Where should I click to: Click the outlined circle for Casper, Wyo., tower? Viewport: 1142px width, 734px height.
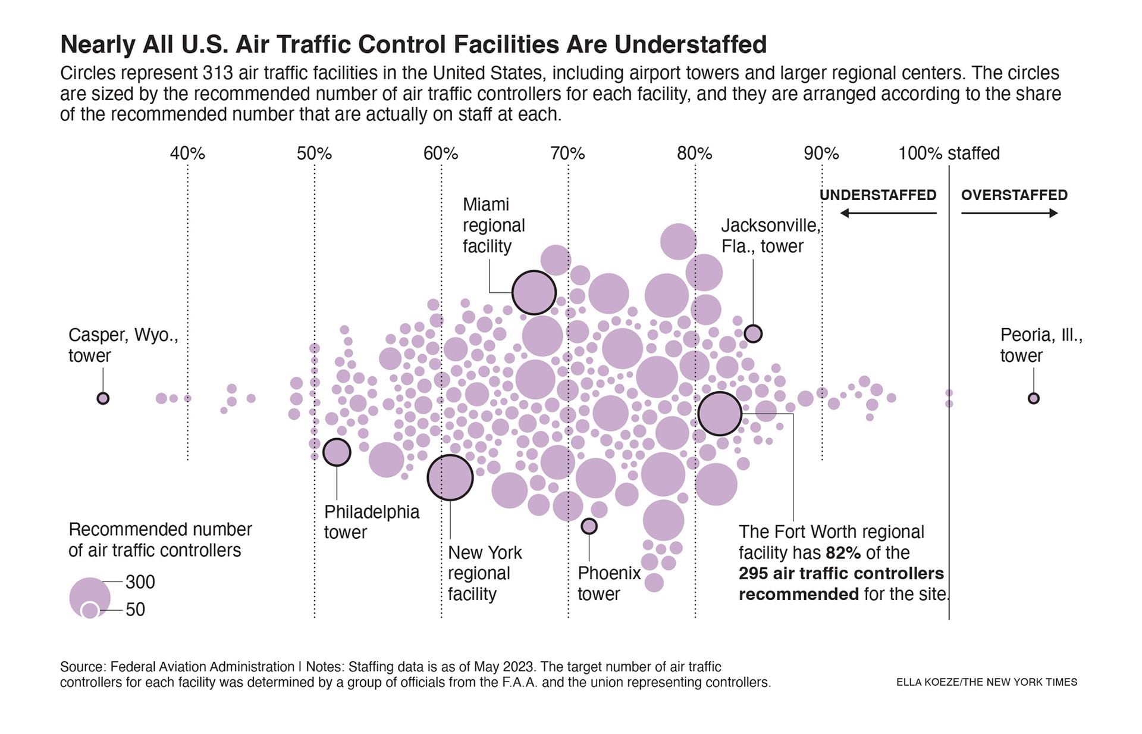click(x=103, y=398)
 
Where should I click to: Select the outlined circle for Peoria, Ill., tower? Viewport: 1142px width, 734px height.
click(x=1034, y=398)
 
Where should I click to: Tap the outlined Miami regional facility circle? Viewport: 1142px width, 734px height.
click(x=534, y=292)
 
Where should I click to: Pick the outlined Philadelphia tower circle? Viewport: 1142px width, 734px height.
click(x=337, y=452)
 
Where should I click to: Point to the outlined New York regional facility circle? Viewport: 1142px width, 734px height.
click(x=450, y=477)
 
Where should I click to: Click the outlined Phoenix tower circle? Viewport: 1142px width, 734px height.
click(x=589, y=526)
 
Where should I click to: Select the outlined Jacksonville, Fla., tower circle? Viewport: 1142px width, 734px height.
click(x=753, y=333)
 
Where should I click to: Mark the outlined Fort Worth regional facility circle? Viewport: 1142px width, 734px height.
click(x=720, y=413)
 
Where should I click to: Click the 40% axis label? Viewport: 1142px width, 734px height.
click(x=187, y=154)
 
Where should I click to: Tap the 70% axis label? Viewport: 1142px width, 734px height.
click(x=567, y=154)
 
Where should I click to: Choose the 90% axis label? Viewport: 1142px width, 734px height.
click(x=821, y=154)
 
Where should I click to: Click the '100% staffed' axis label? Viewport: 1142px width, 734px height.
click(x=949, y=154)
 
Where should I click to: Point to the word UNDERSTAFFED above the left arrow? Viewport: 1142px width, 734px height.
click(x=878, y=195)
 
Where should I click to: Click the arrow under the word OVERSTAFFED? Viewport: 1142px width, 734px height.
click(x=1009, y=213)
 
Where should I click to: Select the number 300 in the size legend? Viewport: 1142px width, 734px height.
click(x=140, y=582)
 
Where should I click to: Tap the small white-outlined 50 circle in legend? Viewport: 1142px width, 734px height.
click(x=90, y=610)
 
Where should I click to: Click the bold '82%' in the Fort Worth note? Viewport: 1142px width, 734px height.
click(x=843, y=553)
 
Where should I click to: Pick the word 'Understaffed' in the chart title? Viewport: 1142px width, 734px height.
click(x=691, y=45)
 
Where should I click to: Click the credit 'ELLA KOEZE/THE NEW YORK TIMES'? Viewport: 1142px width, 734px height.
click(x=986, y=682)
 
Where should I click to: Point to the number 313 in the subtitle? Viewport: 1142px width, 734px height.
click(x=218, y=73)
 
